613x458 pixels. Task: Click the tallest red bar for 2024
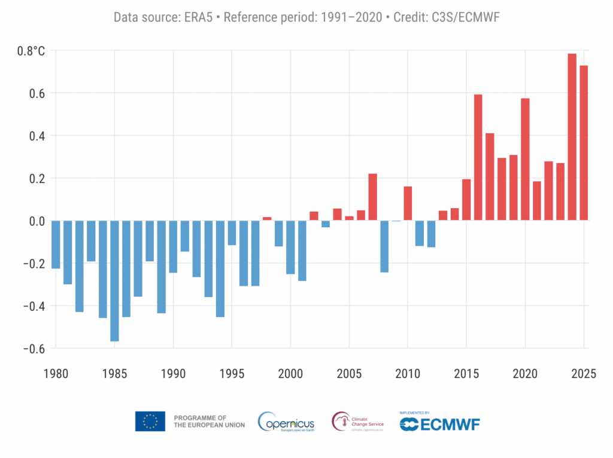point(572,137)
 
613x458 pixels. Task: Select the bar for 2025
point(584,143)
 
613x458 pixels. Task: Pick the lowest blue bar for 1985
point(114,280)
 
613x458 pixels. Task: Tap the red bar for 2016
point(478,157)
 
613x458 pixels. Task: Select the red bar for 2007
point(372,197)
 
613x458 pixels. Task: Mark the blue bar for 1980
point(56,244)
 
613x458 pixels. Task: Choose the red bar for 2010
point(408,203)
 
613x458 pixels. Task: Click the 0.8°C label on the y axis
point(31,51)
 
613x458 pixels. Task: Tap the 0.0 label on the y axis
point(35,221)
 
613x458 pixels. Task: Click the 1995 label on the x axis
point(232,374)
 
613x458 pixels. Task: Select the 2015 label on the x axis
point(466,374)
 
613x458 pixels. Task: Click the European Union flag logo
point(150,422)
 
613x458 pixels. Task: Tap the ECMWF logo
point(439,423)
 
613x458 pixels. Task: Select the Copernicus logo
point(286,422)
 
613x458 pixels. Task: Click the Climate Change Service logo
point(357,422)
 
